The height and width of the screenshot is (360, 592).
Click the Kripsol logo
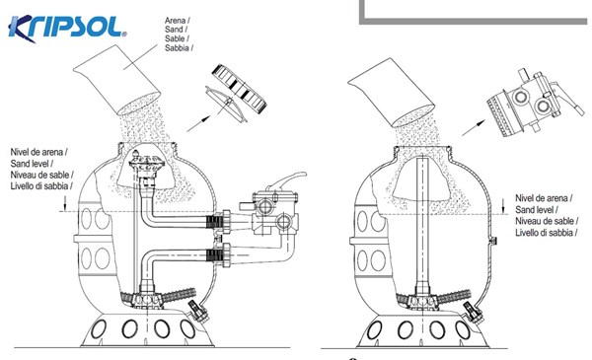coord(67,28)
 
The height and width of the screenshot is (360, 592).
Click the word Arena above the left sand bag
coord(176,20)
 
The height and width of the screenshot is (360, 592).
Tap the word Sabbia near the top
coord(177,48)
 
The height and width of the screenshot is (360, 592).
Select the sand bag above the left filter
coord(116,80)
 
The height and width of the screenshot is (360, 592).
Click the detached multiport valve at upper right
coord(534,103)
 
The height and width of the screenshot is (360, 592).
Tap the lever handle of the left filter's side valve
coord(286,180)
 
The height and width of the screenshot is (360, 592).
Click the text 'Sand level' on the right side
coord(535,209)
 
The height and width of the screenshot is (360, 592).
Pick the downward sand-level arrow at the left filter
coord(65,203)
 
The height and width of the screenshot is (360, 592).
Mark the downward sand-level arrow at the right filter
coord(503,206)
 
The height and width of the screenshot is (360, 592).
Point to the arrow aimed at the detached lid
coord(198,123)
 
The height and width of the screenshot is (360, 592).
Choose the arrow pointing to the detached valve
coord(474,127)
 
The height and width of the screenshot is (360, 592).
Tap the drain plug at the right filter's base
coord(472,311)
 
